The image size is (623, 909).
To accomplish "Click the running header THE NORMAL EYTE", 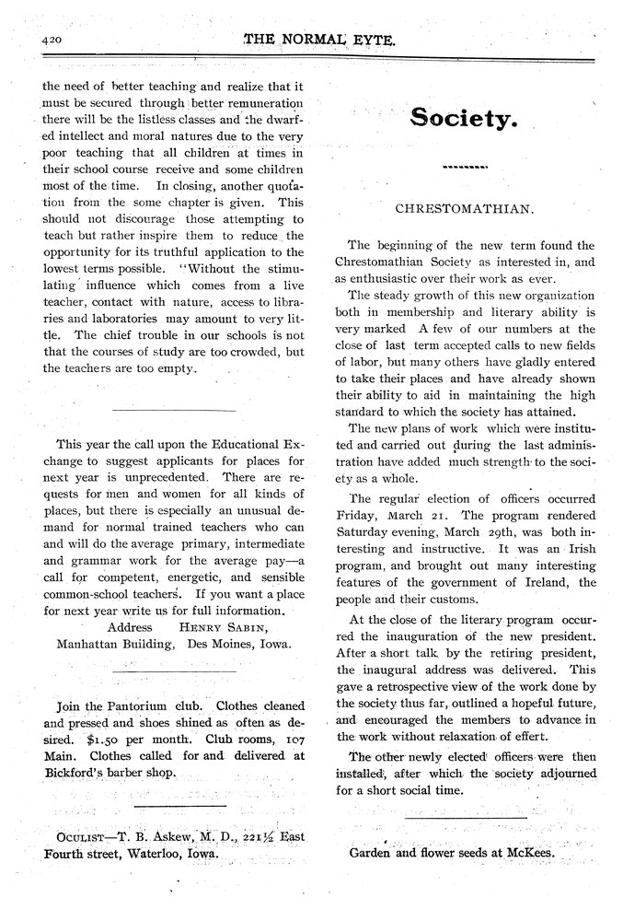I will point(318,41).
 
